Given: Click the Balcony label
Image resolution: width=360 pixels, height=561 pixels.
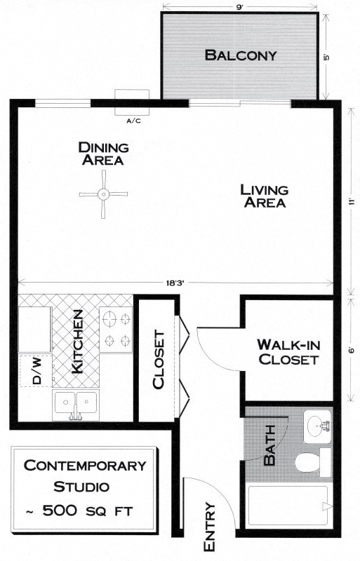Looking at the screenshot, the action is pyautogui.click(x=241, y=55).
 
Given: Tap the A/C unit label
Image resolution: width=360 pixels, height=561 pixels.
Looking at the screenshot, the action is pyautogui.click(x=133, y=121).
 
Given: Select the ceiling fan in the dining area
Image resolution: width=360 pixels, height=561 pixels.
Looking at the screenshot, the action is pyautogui.click(x=103, y=194).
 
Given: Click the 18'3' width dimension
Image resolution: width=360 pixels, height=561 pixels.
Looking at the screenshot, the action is pyautogui.click(x=175, y=283).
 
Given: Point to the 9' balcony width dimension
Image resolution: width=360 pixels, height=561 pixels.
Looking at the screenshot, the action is pyautogui.click(x=239, y=7).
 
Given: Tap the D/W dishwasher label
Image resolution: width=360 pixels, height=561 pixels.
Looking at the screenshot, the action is pyautogui.click(x=36, y=371).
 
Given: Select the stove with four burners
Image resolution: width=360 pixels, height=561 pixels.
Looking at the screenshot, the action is pyautogui.click(x=116, y=330).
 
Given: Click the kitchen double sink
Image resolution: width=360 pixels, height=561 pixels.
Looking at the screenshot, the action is pyautogui.click(x=75, y=405).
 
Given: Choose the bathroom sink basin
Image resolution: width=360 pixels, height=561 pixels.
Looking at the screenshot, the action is pyautogui.click(x=317, y=426).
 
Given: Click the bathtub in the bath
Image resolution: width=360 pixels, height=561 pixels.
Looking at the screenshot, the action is pyautogui.click(x=288, y=505).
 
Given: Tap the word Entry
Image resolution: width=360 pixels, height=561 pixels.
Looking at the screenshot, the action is pyautogui.click(x=209, y=527).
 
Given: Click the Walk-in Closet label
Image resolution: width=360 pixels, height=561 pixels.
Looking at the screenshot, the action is pyautogui.click(x=288, y=352).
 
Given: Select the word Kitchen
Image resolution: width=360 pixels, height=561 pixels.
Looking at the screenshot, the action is pyautogui.click(x=77, y=342).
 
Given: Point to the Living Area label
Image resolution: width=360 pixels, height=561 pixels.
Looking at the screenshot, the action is pyautogui.click(x=265, y=196).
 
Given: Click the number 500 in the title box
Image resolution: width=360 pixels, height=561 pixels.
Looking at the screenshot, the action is pyautogui.click(x=60, y=511).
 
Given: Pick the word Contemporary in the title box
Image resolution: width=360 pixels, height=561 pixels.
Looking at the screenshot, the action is pyautogui.click(x=85, y=466).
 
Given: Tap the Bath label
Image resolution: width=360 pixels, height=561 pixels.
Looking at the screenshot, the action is pyautogui.click(x=269, y=445).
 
